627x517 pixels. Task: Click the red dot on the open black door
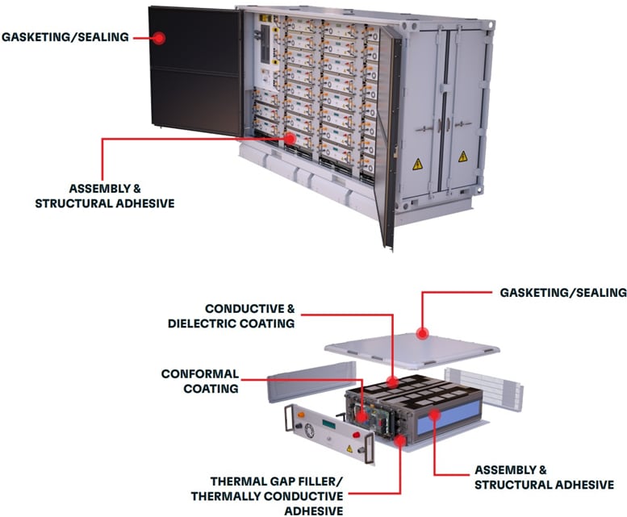point(160,37)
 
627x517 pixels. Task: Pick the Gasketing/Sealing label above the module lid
point(556,292)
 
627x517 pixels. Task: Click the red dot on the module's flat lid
point(420,331)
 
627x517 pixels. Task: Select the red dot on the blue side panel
point(434,414)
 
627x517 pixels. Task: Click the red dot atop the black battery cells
point(392,381)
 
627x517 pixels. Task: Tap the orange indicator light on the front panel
point(299,419)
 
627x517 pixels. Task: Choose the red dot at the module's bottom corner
point(400,440)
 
